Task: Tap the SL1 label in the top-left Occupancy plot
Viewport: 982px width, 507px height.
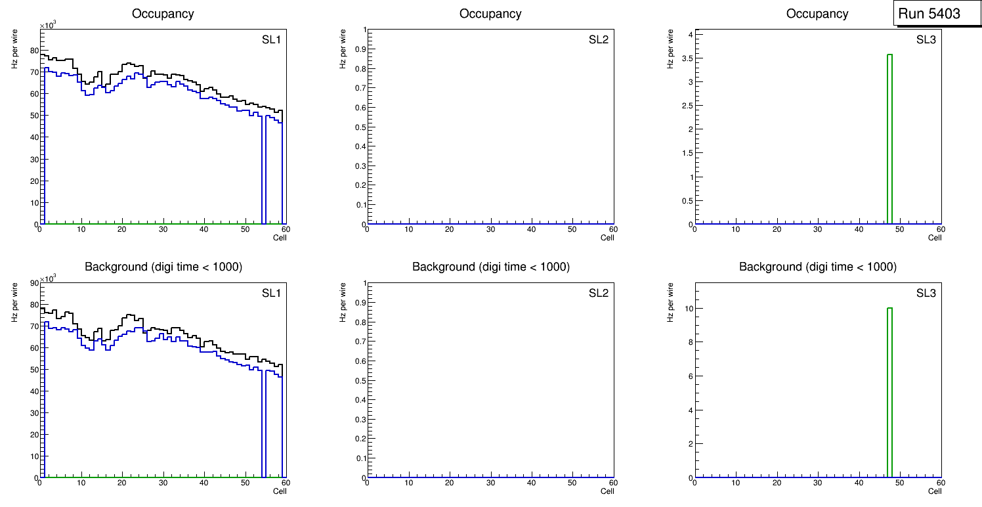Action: tap(270, 40)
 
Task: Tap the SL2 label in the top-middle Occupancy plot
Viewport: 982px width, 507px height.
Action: tap(599, 40)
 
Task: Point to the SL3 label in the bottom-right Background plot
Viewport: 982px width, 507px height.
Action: tap(926, 293)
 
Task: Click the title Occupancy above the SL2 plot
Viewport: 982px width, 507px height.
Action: tap(490, 14)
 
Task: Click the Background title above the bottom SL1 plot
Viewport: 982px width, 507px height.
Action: tap(163, 267)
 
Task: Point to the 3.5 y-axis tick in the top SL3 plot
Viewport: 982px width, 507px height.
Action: tap(686, 58)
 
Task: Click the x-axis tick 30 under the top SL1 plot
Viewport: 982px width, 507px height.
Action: tap(163, 230)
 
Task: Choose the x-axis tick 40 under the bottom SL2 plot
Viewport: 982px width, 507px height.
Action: tap(531, 483)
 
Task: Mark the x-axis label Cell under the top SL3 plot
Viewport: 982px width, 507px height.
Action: tap(935, 238)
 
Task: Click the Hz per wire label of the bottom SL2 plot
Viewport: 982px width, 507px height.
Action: tap(342, 302)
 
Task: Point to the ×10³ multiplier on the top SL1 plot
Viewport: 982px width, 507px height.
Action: tap(49, 26)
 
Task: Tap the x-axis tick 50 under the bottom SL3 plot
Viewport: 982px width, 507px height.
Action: tap(899, 483)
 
